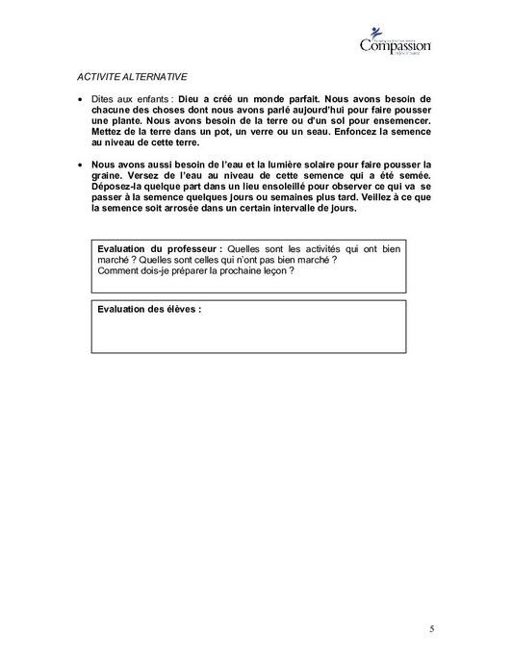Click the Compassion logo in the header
[395, 43]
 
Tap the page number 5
[432, 629]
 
